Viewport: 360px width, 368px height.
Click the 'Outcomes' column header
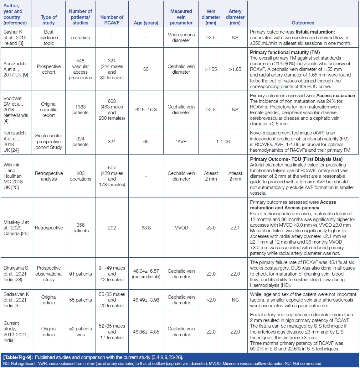coord(303,23)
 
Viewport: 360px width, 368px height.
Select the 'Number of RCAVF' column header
coord(112,20)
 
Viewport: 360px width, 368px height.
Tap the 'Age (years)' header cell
coord(146,23)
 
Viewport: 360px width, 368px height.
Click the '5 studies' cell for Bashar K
coord(80,38)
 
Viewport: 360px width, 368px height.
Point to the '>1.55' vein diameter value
coord(211,69)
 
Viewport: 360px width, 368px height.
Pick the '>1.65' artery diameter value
coord(235,69)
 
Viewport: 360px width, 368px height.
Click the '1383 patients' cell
coord(80,110)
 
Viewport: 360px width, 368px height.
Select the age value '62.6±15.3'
coord(146,110)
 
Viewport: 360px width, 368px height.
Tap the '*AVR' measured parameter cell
coord(181,142)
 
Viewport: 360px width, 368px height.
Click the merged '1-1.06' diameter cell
coord(223,142)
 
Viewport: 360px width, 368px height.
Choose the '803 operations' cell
coord(80,176)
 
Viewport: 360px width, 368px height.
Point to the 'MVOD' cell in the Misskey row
coord(181,228)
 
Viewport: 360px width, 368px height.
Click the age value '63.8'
coord(146,228)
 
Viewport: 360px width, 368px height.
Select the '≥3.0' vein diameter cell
coord(211,228)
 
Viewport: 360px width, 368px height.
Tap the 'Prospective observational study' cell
coord(49,274)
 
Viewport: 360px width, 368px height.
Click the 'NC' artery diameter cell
coord(235,300)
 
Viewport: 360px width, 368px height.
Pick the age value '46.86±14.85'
coord(146,332)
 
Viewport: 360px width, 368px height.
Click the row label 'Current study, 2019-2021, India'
coord(16,332)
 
